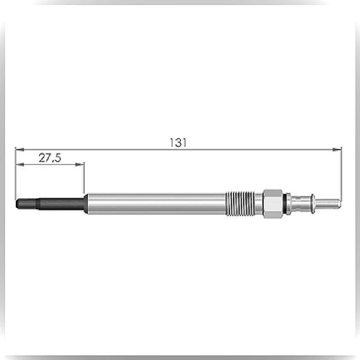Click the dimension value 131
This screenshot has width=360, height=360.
178,142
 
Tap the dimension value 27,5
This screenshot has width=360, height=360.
50,158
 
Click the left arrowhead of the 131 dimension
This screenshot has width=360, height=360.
19,150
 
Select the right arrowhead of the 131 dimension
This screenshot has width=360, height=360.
337,150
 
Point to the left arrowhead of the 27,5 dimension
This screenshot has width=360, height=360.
19,164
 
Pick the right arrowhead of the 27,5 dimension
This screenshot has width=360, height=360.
80,164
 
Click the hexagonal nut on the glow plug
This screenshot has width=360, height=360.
272,204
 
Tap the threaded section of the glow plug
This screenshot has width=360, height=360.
240,204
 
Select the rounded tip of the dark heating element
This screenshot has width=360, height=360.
17,204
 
